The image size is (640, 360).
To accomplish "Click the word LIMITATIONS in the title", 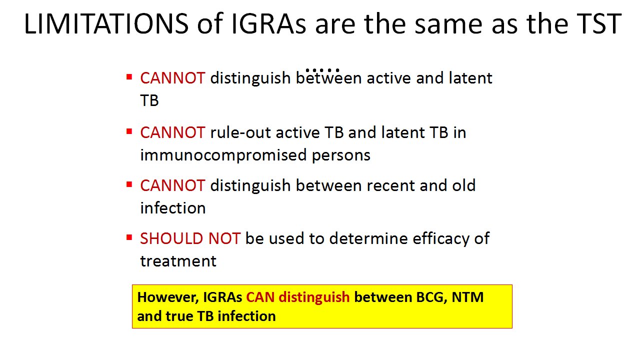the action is (106, 23).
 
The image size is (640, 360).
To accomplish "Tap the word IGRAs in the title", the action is (269, 23).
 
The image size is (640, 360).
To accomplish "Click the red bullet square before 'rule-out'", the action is (129, 131).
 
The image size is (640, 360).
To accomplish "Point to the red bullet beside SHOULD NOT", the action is (129, 237).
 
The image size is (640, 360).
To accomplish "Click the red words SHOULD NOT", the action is (190, 238).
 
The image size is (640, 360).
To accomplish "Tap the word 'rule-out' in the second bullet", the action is (240, 133).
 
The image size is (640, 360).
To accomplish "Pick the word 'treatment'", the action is (178, 261).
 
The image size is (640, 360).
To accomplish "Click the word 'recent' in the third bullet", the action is (390, 185).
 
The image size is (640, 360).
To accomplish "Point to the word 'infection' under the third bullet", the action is (173, 207).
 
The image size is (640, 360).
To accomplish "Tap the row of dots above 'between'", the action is (322, 70).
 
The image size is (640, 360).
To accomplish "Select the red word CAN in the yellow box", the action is (260, 297).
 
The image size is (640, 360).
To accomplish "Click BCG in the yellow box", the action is (431, 297).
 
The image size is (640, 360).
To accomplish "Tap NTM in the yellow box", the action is (467, 297).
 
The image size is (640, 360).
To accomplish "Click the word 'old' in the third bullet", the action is (463, 185).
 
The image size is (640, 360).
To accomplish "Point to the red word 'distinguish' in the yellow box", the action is (314, 297).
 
